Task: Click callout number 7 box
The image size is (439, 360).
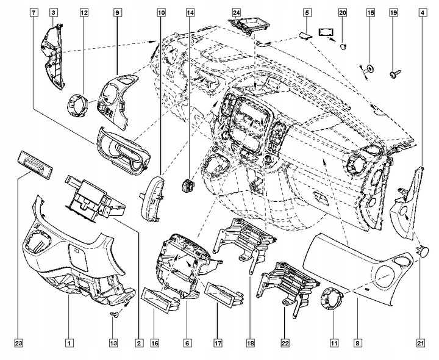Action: pos(32,12)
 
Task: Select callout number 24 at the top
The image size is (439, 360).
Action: pos(237,12)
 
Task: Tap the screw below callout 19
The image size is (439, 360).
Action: pos(393,74)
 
